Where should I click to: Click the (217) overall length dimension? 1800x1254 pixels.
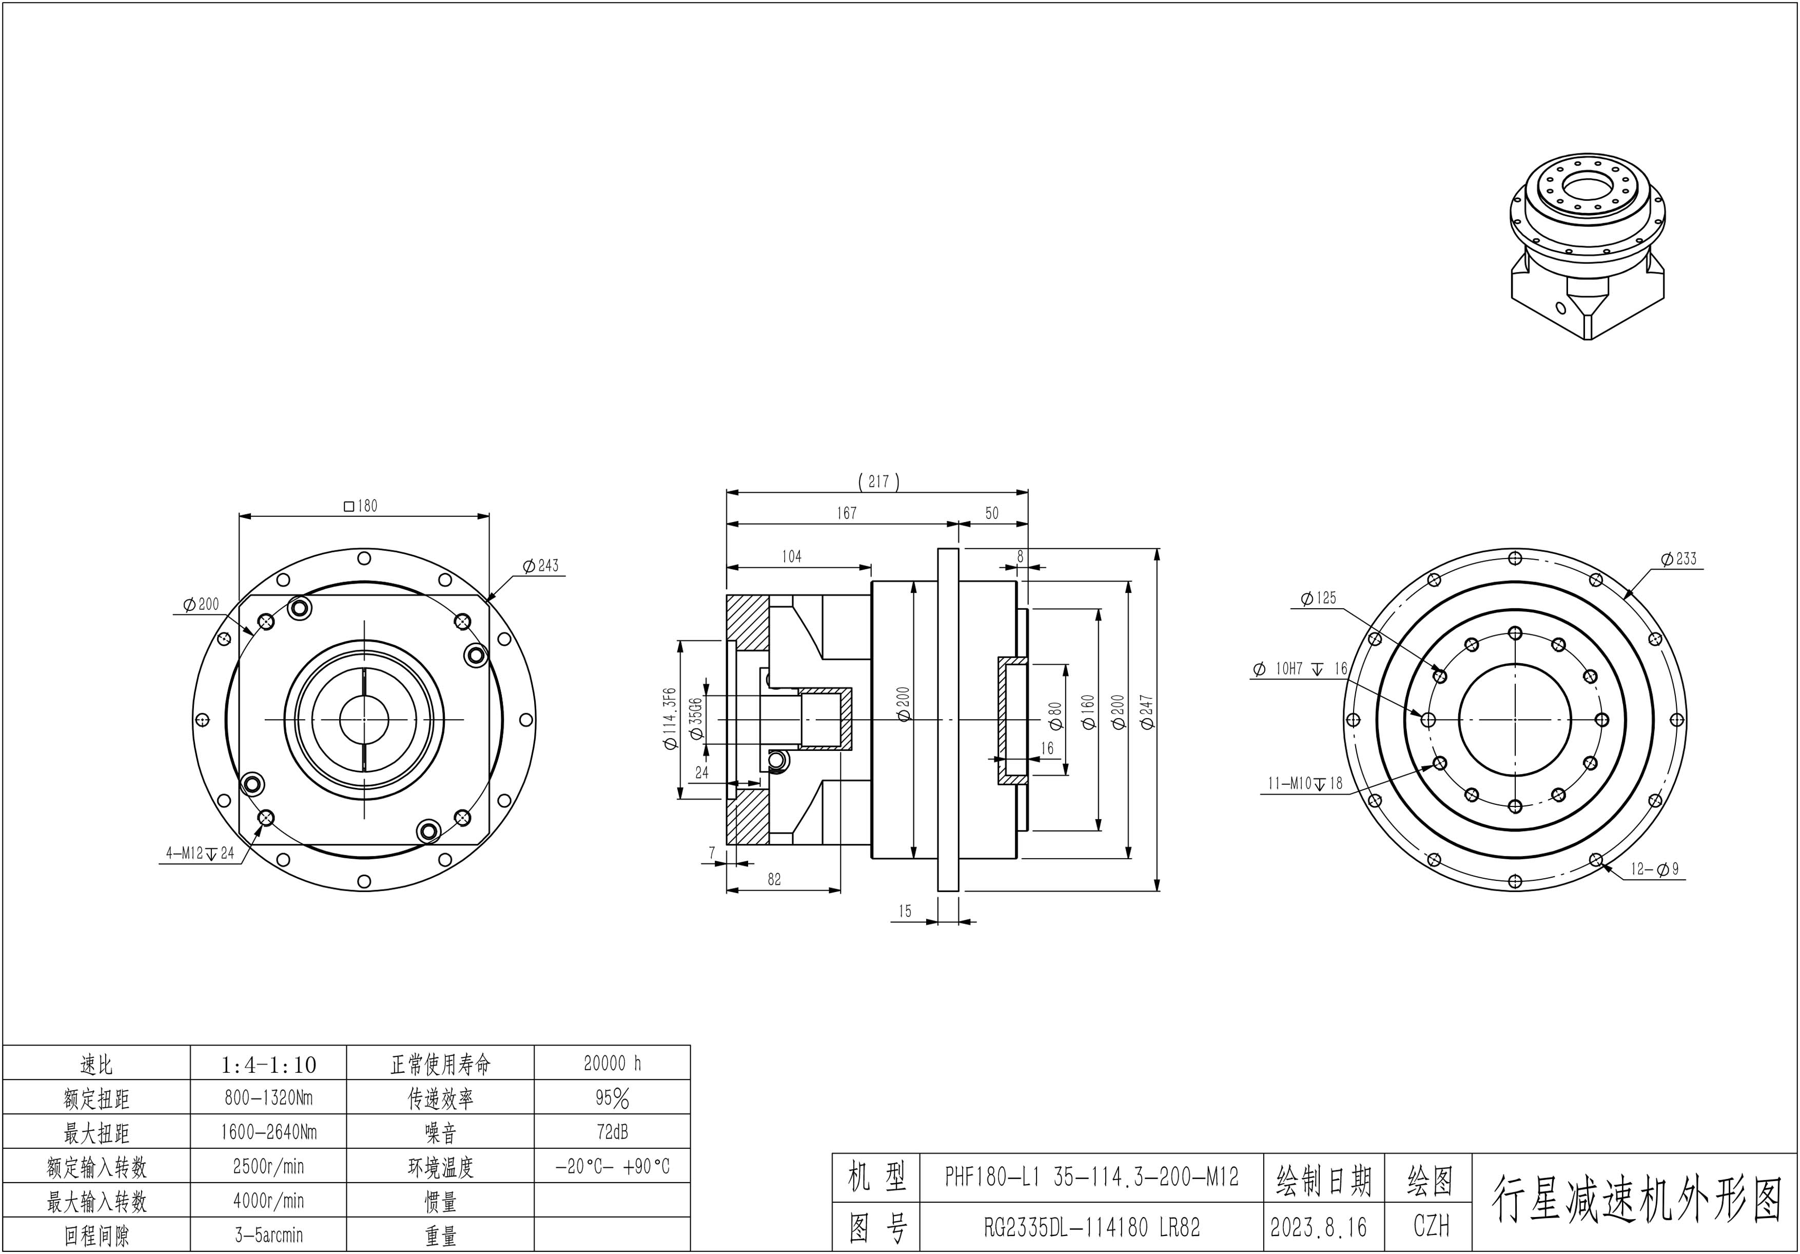(878, 481)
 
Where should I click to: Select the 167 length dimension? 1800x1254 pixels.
(847, 513)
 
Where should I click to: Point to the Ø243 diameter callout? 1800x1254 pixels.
(541, 566)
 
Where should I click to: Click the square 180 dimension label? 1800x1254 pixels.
(361, 506)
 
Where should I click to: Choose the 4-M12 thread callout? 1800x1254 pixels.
(200, 853)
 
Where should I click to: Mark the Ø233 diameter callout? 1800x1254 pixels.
(1678, 558)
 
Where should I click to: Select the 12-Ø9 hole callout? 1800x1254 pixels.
(1655, 869)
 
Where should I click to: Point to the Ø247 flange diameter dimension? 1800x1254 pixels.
(1147, 712)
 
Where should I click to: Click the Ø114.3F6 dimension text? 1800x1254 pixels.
(669, 719)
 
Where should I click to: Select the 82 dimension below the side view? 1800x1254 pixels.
(775, 879)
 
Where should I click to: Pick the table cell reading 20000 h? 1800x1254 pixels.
(612, 1064)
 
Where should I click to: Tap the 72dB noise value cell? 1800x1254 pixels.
(612, 1132)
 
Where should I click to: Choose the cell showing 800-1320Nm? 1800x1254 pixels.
(268, 1098)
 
